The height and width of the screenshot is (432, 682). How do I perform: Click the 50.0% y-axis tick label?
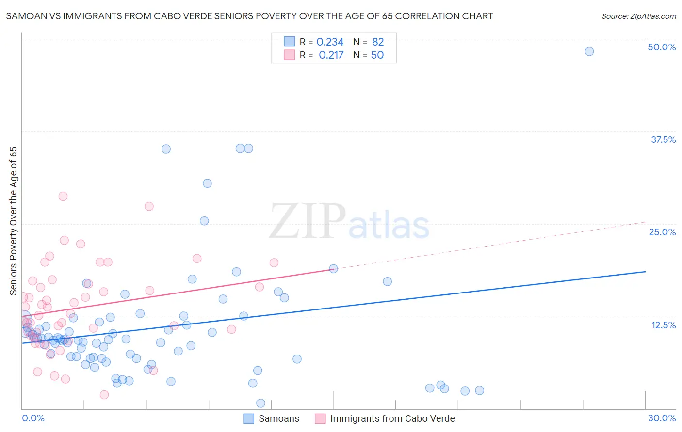[662, 47]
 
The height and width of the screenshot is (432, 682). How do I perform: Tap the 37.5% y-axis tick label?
[663, 139]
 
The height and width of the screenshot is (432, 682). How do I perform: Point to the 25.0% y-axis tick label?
[662, 232]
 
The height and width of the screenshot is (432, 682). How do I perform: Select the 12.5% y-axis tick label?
[663, 325]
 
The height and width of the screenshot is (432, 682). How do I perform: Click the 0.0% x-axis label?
[33, 418]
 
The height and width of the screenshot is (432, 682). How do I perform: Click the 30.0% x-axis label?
[662, 418]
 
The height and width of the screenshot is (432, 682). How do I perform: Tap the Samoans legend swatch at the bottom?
[249, 418]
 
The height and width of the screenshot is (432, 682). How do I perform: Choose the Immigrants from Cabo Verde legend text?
[392, 418]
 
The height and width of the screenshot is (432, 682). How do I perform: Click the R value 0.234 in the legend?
[330, 42]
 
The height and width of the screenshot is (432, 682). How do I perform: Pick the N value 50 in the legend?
[377, 55]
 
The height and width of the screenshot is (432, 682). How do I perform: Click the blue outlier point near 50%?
[589, 51]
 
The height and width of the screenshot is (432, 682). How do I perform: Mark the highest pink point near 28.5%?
[63, 196]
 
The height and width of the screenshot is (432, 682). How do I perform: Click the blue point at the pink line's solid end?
[333, 268]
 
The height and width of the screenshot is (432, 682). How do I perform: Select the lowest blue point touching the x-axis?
[260, 403]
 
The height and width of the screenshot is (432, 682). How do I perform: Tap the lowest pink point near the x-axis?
[104, 395]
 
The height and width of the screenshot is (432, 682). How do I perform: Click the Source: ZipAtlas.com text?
[638, 16]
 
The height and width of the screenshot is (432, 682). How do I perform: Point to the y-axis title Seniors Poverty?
[13, 220]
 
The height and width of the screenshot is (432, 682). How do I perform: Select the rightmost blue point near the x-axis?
[479, 390]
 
